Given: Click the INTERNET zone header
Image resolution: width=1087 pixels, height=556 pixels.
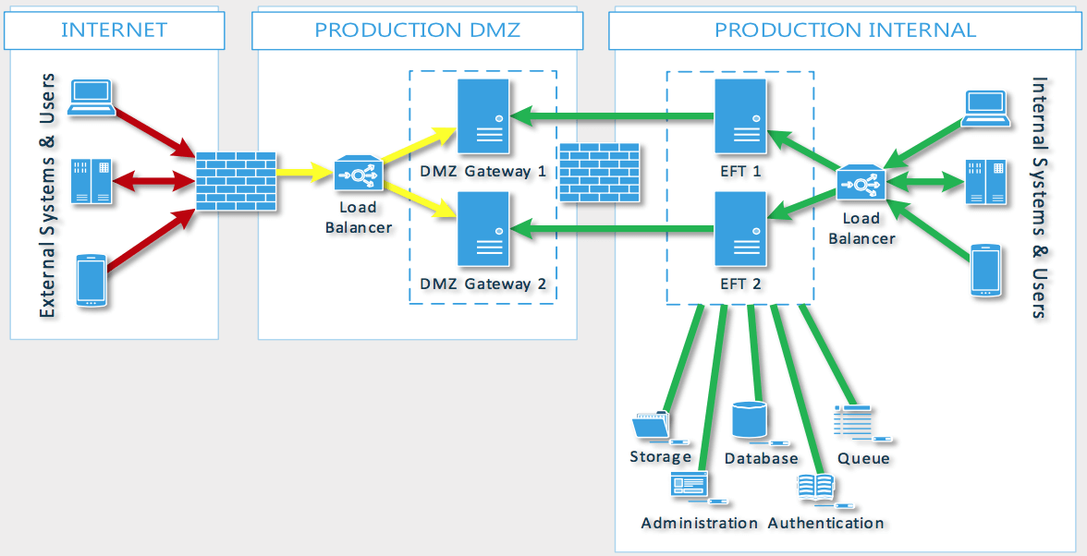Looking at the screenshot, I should [114, 30].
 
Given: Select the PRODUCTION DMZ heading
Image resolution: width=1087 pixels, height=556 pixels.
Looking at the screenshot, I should [417, 30].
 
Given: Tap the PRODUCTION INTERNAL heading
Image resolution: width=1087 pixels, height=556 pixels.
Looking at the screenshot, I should [845, 30].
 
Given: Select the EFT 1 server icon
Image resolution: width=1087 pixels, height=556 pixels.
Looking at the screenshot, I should [741, 115].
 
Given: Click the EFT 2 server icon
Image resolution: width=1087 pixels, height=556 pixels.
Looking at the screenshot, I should [741, 229].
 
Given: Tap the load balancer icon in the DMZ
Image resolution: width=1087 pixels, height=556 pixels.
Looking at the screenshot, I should [358, 173].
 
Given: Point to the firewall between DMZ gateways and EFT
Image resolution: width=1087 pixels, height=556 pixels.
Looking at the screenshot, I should [600, 173].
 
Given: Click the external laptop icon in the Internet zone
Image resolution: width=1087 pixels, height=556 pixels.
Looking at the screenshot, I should [92, 97].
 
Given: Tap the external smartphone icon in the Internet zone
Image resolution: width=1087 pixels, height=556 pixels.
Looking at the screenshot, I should [91, 281].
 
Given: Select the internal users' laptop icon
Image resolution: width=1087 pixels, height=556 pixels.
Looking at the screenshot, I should [985, 108].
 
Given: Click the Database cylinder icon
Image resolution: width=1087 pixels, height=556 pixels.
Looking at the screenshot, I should [750, 420].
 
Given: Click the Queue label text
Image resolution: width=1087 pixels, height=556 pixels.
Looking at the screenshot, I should [863, 458].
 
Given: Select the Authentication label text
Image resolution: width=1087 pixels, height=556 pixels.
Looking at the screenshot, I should [825, 523].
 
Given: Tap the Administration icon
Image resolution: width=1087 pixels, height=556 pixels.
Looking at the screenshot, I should [690, 486].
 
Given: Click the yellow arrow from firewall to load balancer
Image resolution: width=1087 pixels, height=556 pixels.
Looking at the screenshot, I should [305, 172].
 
